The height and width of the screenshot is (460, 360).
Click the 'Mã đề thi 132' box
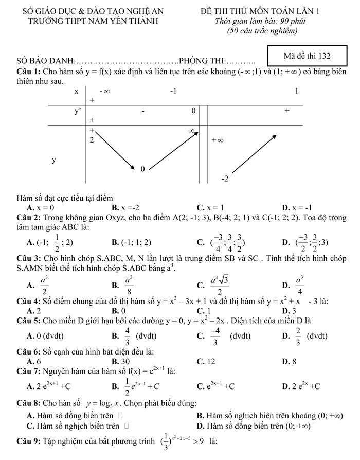[307, 56]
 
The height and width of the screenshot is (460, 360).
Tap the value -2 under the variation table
[224, 179]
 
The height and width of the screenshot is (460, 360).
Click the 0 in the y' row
[193, 111]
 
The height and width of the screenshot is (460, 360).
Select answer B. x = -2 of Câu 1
[125, 207]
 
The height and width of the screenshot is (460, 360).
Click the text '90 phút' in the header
[283, 21]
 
